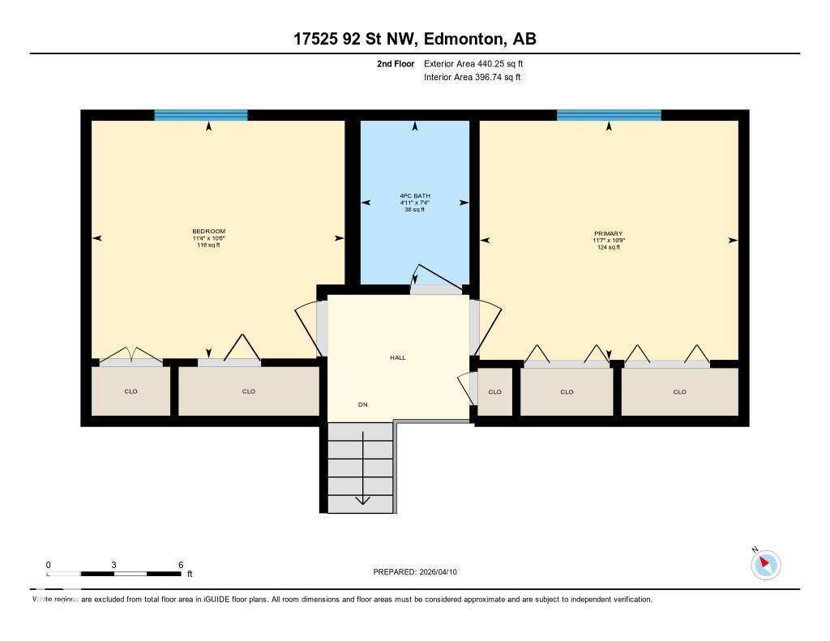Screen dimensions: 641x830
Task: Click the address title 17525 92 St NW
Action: click(x=414, y=39)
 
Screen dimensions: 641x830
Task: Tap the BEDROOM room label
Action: click(x=208, y=232)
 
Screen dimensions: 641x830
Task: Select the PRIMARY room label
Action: click(x=608, y=233)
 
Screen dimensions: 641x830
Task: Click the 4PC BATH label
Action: click(x=414, y=196)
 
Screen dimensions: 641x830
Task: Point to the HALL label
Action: click(x=397, y=357)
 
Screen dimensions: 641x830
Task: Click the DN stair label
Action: click(x=363, y=404)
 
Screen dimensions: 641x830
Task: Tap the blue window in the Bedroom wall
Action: click(x=201, y=115)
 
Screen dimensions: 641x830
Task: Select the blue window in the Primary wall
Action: click(x=609, y=115)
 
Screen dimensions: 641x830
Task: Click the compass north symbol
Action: click(x=765, y=564)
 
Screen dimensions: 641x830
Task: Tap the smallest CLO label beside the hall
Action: click(x=494, y=392)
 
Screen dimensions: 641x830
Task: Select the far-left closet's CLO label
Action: click(x=130, y=391)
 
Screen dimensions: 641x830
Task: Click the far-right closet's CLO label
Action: click(x=679, y=392)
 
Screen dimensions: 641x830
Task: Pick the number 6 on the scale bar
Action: click(x=181, y=565)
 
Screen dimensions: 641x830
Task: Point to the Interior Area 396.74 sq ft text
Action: click(x=472, y=78)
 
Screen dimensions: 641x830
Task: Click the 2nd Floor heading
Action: click(x=395, y=63)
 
